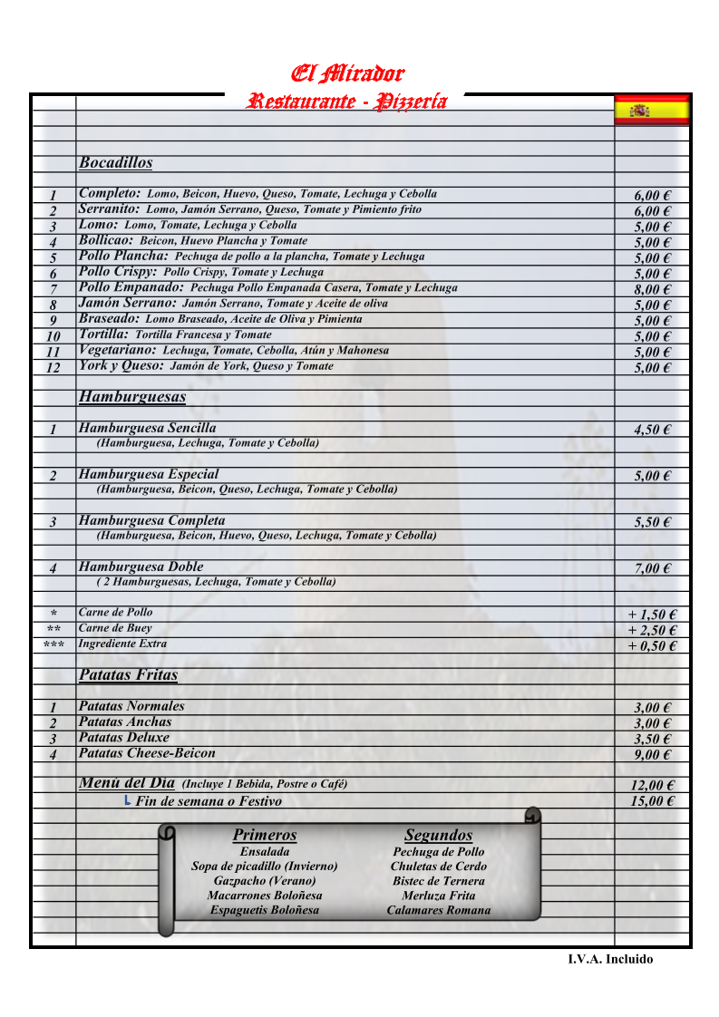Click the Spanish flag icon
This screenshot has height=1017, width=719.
pyautogui.click(x=652, y=110)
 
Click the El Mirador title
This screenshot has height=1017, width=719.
pyautogui.click(x=346, y=73)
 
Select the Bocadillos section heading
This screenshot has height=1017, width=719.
pyautogui.click(x=115, y=163)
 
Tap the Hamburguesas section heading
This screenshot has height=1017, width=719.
pyautogui.click(x=132, y=397)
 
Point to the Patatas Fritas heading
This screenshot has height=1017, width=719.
pyautogui.click(x=128, y=675)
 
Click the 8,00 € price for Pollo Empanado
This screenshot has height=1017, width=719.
pyautogui.click(x=652, y=290)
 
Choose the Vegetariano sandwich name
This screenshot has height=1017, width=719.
pyautogui.click(x=117, y=350)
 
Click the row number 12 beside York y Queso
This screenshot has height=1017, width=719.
pyautogui.click(x=53, y=368)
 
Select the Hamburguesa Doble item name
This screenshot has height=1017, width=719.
pyautogui.click(x=141, y=567)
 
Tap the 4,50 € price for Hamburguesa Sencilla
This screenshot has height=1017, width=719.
pyautogui.click(x=652, y=430)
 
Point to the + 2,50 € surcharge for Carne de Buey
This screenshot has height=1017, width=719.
pyautogui.click(x=652, y=630)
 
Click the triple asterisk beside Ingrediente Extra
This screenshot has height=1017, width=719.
pyautogui.click(x=53, y=645)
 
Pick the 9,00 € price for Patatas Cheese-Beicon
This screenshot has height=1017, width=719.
pyautogui.click(x=652, y=755)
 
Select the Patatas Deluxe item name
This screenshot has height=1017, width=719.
pyautogui.click(x=124, y=738)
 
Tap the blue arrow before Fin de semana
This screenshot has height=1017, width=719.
pyautogui.click(x=127, y=800)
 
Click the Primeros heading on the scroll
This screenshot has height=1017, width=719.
pyautogui.click(x=265, y=835)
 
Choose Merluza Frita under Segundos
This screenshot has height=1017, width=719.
pyautogui.click(x=439, y=896)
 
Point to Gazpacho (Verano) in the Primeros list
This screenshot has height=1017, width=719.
pyautogui.click(x=265, y=881)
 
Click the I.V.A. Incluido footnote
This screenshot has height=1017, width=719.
pyautogui.click(x=610, y=959)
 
